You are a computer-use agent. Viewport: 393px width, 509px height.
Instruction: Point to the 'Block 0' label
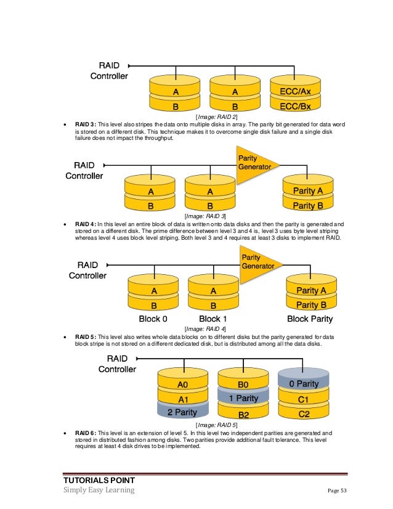tap(153, 319)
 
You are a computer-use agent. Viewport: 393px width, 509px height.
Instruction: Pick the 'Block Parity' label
tap(310, 319)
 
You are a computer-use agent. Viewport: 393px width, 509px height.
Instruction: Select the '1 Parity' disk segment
tap(243, 398)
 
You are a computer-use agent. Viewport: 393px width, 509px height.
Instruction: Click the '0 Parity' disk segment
tap(304, 383)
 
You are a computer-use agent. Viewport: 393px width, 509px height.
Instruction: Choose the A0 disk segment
tap(183, 384)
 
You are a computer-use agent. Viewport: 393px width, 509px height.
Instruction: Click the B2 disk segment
tap(243, 414)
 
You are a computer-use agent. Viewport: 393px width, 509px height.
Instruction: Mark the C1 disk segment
tap(304, 399)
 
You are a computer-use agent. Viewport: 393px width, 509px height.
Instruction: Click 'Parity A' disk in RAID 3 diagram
tap(307, 190)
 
